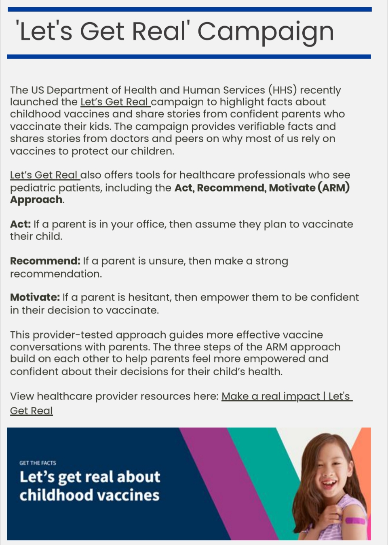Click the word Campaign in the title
266,32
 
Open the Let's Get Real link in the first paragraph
115,102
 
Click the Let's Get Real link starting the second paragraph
44,175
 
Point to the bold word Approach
36,200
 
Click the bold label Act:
20,224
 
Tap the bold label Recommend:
45,261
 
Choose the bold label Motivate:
35,298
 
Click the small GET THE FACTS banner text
38,463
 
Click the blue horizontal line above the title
189,9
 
